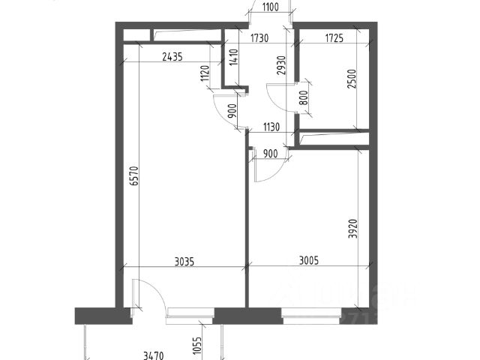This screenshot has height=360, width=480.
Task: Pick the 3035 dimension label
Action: coord(184,262)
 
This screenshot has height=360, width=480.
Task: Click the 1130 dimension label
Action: coord(271,127)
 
